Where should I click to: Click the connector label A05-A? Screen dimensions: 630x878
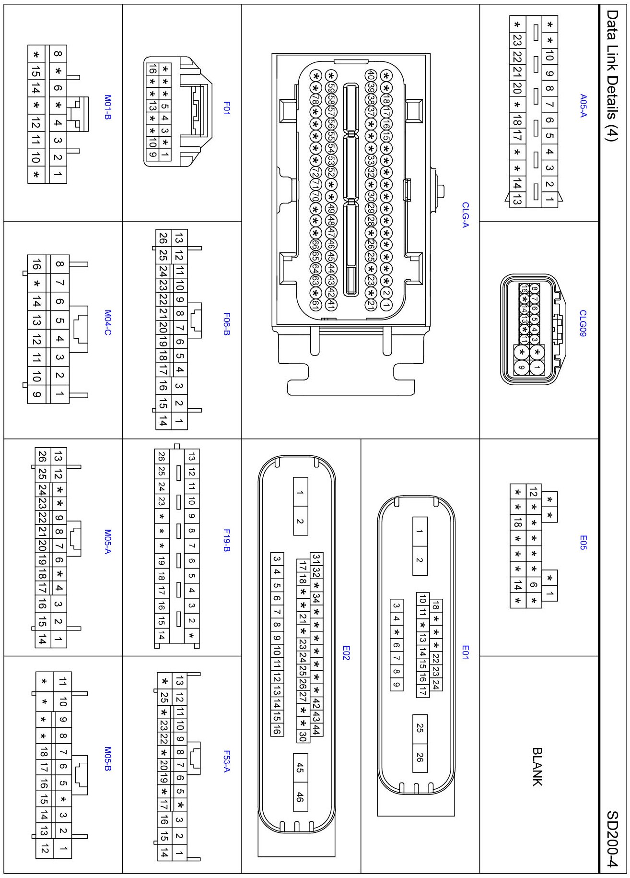[x=583, y=106]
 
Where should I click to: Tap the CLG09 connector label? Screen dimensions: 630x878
[x=583, y=323]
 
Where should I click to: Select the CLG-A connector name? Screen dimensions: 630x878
[x=465, y=215]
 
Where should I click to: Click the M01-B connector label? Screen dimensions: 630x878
[x=108, y=107]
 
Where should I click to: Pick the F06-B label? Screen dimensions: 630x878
[x=227, y=324]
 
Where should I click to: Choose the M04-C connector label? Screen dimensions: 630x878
[x=108, y=322]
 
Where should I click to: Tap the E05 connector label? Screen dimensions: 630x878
[x=583, y=542]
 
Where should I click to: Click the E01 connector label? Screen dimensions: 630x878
[x=465, y=652]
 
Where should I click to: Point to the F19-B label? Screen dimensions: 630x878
[x=227, y=540]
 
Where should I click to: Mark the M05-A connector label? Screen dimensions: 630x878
[x=108, y=541]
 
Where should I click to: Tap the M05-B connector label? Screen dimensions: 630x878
[x=108, y=759]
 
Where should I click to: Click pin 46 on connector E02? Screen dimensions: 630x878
[x=300, y=797]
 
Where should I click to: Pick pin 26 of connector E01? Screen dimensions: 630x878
[x=420, y=758]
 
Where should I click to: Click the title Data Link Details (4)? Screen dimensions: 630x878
[x=612, y=75]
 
